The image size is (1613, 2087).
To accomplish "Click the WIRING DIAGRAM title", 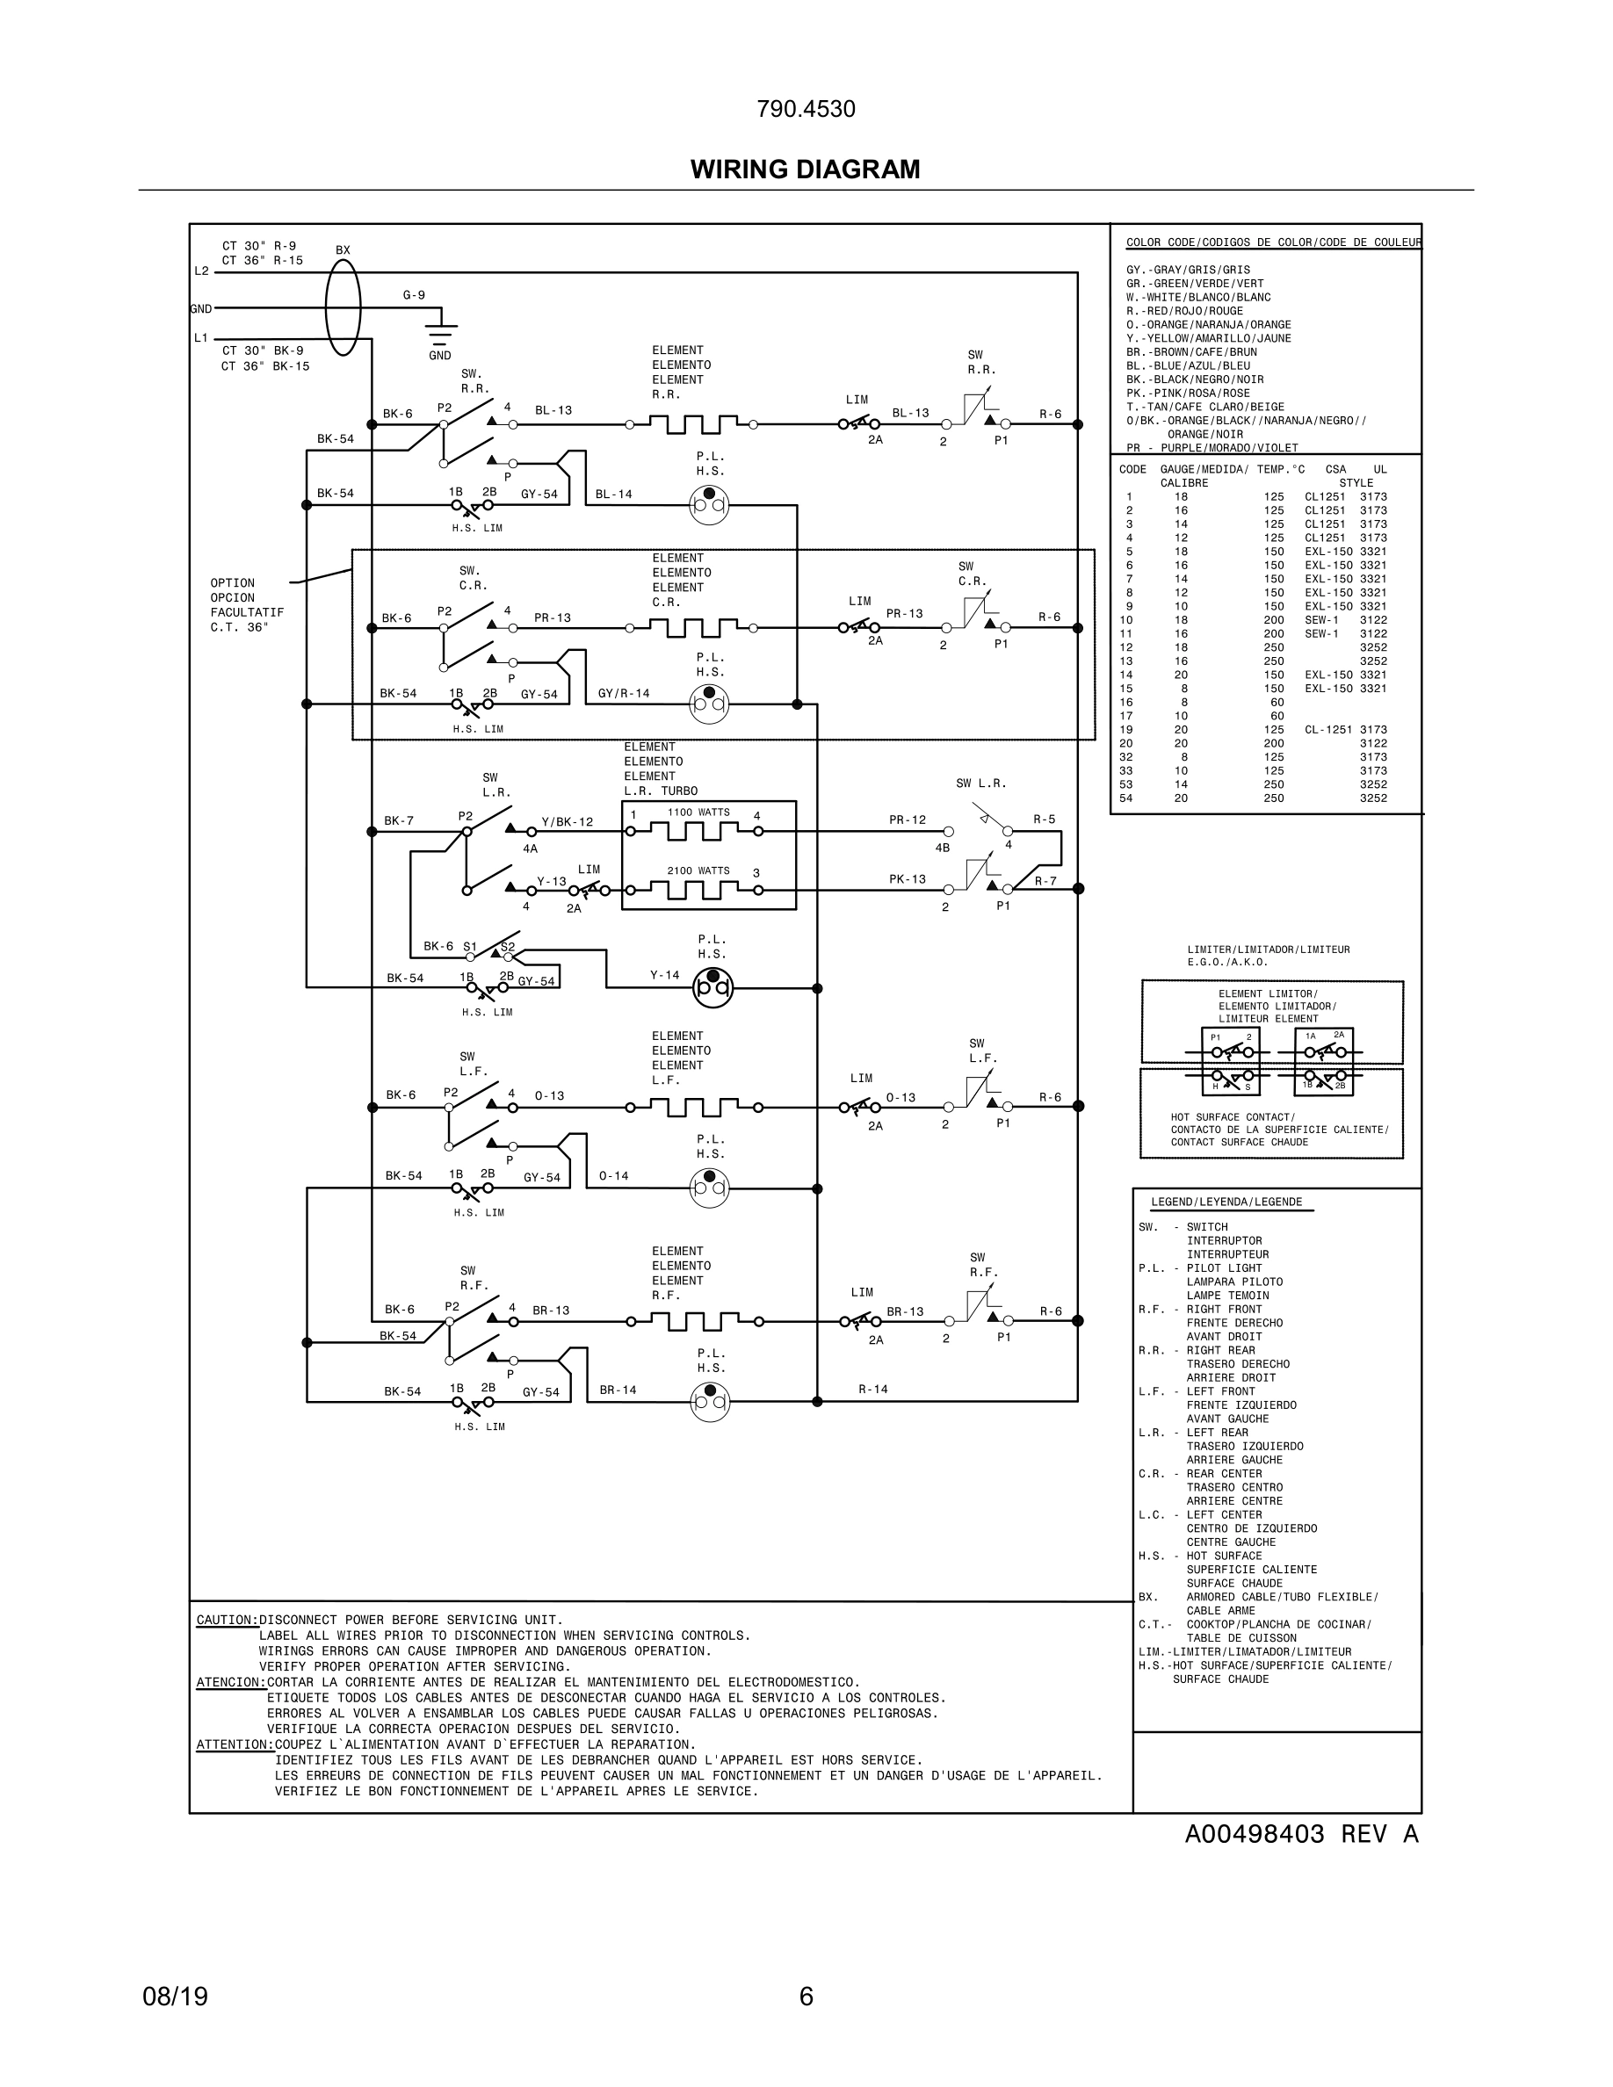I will pyautogui.click(x=805, y=170).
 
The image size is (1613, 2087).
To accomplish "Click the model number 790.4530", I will pyautogui.click(x=806, y=109).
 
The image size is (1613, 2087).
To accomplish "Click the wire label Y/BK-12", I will pyautogui.click(x=567, y=822).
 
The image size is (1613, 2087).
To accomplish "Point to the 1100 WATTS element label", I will pyautogui.click(x=698, y=812).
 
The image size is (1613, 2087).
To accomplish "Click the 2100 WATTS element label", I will pyautogui.click(x=698, y=870).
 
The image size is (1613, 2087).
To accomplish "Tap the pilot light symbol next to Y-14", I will pyautogui.click(x=712, y=987).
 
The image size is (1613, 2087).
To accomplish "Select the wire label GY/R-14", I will pyautogui.click(x=623, y=694).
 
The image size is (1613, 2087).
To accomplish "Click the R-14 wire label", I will pyautogui.click(x=872, y=1389).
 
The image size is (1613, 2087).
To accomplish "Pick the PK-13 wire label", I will pyautogui.click(x=907, y=879).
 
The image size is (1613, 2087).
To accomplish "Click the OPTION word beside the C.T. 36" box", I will pyautogui.click(x=232, y=583).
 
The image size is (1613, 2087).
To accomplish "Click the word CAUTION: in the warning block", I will pyautogui.click(x=227, y=1620).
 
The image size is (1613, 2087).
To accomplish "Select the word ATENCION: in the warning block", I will pyautogui.click(x=230, y=1682).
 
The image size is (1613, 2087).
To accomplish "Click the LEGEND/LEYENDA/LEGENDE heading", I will pyautogui.click(x=1226, y=1202).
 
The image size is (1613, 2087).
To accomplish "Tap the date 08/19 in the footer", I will pyautogui.click(x=175, y=1997).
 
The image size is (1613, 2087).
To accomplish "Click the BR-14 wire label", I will pyautogui.click(x=618, y=1390).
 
